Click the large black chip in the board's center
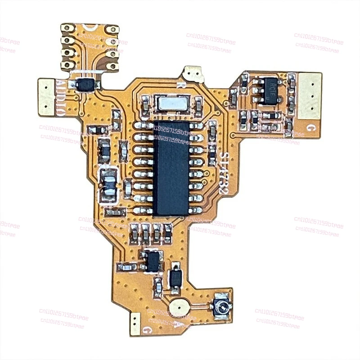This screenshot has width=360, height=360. tap(171, 167)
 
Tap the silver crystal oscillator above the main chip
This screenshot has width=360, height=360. tap(171, 103)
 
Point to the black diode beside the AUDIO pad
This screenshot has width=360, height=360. tap(85, 84)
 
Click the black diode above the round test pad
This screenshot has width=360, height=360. tap(175, 278)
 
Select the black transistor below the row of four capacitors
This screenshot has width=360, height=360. tap(153, 261)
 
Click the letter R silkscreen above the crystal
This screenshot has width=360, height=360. tap(179, 84)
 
